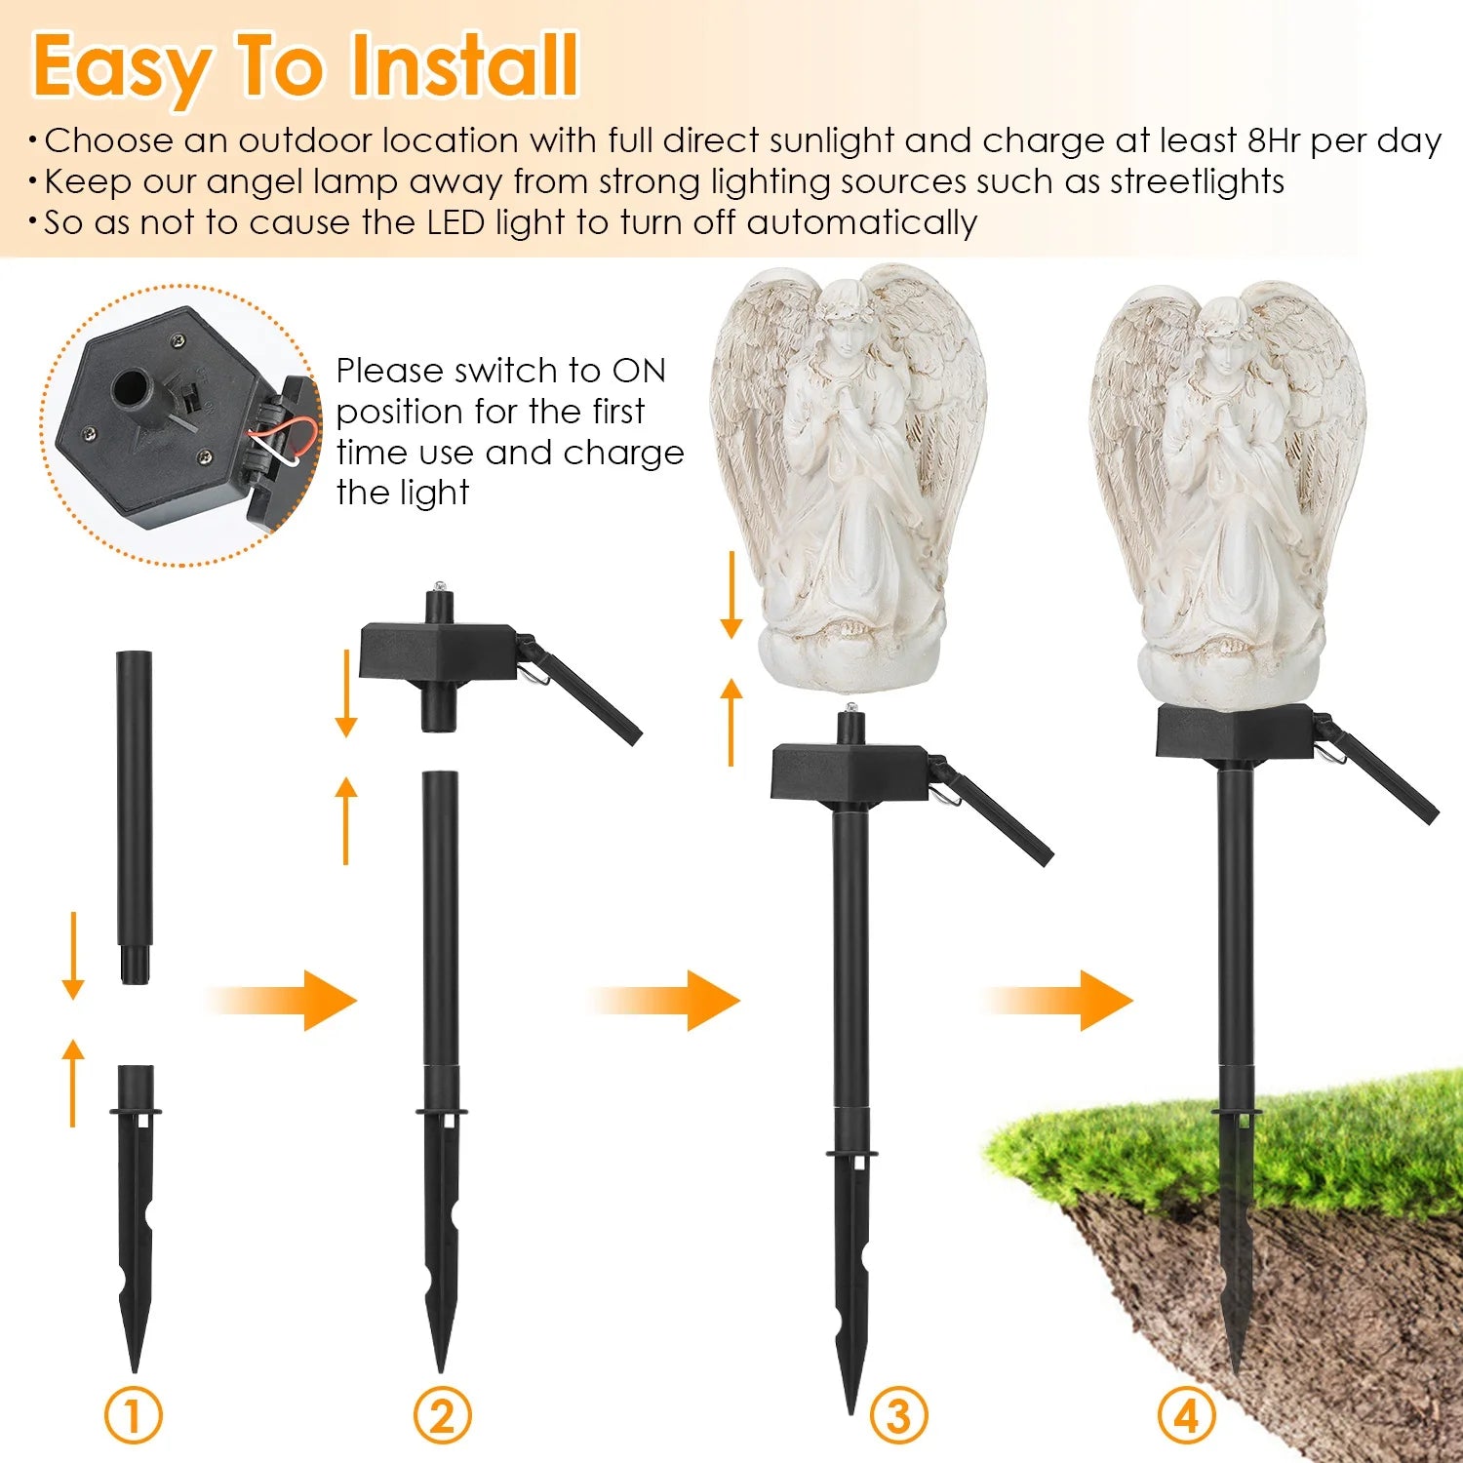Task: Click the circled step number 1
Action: coord(134,1416)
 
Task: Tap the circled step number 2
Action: coord(442,1416)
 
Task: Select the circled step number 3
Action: coord(897,1416)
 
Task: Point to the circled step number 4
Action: coord(1186,1416)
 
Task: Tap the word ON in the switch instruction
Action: coord(639,372)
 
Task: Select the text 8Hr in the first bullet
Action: coord(1275,141)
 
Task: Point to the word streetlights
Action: coord(1197,182)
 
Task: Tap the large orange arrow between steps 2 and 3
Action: coord(668,1000)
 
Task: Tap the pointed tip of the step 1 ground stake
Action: coord(135,1361)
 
